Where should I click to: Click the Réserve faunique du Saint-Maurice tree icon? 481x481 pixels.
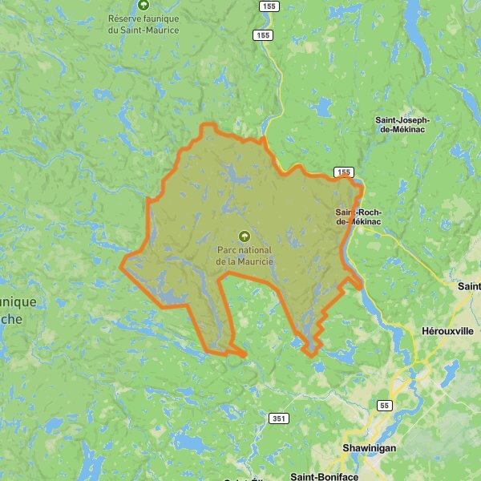tap(143, 6)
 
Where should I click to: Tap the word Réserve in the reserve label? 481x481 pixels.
tap(127, 18)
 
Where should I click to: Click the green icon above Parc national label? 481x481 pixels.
tap(245, 236)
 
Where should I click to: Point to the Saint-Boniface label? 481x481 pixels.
tap(324, 476)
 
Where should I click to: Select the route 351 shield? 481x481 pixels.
tap(278, 418)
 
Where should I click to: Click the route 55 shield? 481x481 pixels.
tap(385, 406)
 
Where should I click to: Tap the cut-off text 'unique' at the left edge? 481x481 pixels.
tap(18, 302)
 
